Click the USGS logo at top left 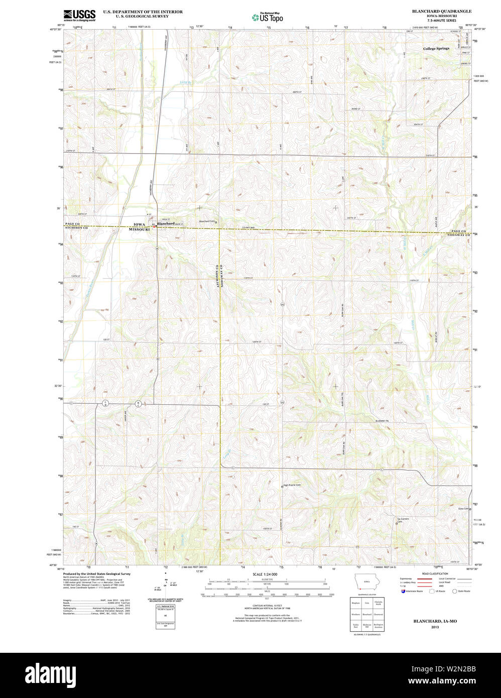click(79, 15)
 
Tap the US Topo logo click(267, 17)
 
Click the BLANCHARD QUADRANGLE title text click(441, 11)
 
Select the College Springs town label click(436, 49)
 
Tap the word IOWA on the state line click(139, 224)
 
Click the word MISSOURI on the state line click(139, 229)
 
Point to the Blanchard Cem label click(206, 221)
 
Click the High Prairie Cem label click(292, 485)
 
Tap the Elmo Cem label click(463, 509)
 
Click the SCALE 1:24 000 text click(265, 574)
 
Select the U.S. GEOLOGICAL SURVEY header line click(142, 16)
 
